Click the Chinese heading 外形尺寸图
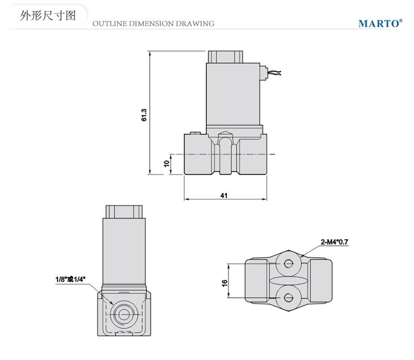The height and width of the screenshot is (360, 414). [x=47, y=16]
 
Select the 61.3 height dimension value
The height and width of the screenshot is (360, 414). [x=144, y=114]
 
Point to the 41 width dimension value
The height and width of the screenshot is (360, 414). [x=224, y=195]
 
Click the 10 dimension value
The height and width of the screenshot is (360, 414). [x=166, y=164]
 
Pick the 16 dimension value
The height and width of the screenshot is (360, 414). [x=225, y=282]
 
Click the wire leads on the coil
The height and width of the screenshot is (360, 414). [x=274, y=72]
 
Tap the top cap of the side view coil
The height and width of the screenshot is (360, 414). [x=225, y=57]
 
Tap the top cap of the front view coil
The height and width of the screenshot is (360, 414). [x=124, y=211]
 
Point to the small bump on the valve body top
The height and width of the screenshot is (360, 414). [x=194, y=133]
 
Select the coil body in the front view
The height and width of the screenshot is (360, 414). [x=124, y=251]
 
